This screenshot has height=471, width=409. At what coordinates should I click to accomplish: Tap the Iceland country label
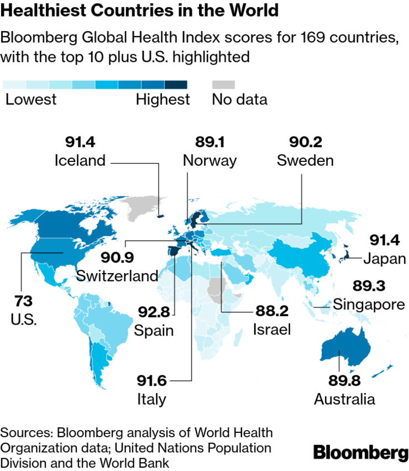pyautogui.click(x=80, y=160)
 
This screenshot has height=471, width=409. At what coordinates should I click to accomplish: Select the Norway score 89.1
pyautogui.click(x=209, y=142)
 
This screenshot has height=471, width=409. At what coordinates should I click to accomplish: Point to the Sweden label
pyautogui.click(x=305, y=160)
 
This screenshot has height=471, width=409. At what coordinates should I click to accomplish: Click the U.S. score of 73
pyautogui.click(x=23, y=301)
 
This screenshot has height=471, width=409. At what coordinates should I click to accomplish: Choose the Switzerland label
pyautogui.click(x=117, y=275)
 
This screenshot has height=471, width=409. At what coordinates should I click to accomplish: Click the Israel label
pyautogui.click(x=272, y=330)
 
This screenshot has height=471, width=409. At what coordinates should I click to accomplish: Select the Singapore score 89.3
pyautogui.click(x=369, y=286)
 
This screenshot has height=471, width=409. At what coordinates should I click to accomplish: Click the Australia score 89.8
pyautogui.click(x=337, y=381)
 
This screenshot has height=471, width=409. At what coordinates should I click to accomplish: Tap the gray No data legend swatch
pyautogui.click(x=223, y=85)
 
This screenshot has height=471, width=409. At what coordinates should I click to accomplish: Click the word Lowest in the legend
pyautogui.click(x=31, y=100)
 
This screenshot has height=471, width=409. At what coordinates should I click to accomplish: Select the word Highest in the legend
pyautogui.click(x=162, y=100)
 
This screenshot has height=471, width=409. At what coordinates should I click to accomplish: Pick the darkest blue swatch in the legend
pyautogui.click(x=176, y=85)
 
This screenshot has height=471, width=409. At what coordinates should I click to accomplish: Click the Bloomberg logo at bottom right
pyautogui.click(x=360, y=452)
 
